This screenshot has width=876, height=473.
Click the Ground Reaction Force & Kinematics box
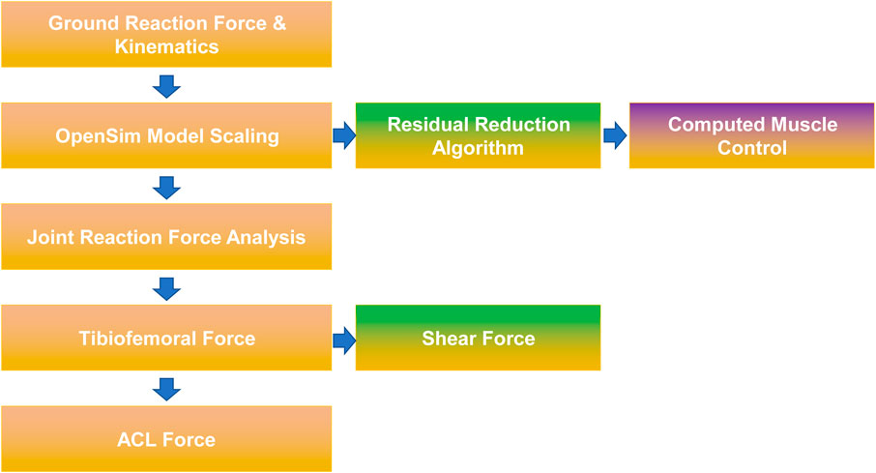166,34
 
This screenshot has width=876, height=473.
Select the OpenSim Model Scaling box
166,135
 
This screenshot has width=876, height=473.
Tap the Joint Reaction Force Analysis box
166,236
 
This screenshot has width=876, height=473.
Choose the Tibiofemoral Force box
166,338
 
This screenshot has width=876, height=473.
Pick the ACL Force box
166,439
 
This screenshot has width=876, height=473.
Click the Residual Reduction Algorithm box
479,135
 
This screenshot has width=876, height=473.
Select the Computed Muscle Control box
752,135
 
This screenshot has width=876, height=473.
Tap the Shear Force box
479,338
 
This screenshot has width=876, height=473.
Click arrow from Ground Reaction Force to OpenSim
166,87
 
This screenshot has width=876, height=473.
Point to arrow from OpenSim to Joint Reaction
166,188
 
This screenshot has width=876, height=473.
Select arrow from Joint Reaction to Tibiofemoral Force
166,289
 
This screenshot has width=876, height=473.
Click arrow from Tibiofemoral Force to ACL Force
166,390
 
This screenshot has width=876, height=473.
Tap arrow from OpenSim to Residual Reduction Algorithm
344,135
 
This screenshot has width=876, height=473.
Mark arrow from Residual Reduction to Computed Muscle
615,135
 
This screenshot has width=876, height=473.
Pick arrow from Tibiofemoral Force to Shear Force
344,340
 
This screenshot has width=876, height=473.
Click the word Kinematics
166,46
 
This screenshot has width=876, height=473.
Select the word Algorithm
479,149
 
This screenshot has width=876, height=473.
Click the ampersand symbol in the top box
278,23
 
